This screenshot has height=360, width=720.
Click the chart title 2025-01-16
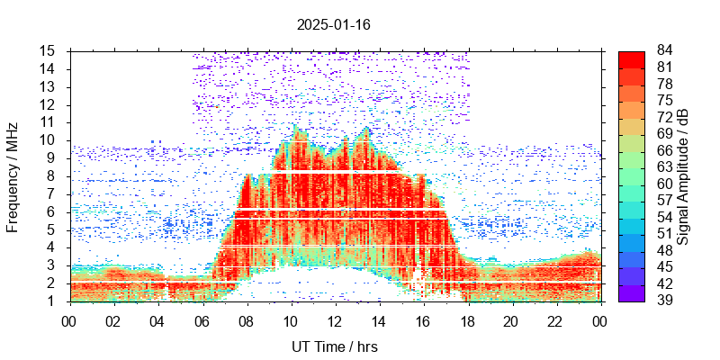pos(333,24)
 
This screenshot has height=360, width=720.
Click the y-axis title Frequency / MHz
pos(13,176)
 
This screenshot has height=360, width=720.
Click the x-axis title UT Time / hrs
pos(334,346)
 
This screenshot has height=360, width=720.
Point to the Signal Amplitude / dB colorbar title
pos(683,176)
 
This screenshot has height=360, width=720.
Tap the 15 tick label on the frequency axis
pos(49,50)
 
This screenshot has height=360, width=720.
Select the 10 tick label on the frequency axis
pos(49,139)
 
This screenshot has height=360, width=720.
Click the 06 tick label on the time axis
pos(202,320)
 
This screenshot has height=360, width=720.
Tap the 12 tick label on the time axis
pos(334,320)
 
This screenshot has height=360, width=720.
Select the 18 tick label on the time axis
pos(467,320)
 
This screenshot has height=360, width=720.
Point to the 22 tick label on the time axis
pos(555,320)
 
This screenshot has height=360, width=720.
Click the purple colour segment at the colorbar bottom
pos(632,292)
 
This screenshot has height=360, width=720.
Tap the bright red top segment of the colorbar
pos(632,58)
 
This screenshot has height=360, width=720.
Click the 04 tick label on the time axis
pos(157,320)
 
